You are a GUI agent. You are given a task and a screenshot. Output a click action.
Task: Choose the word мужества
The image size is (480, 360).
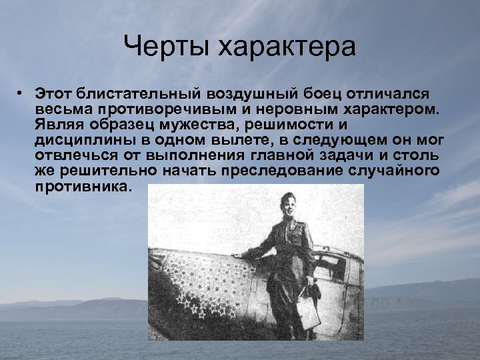(x=200, y=125)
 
